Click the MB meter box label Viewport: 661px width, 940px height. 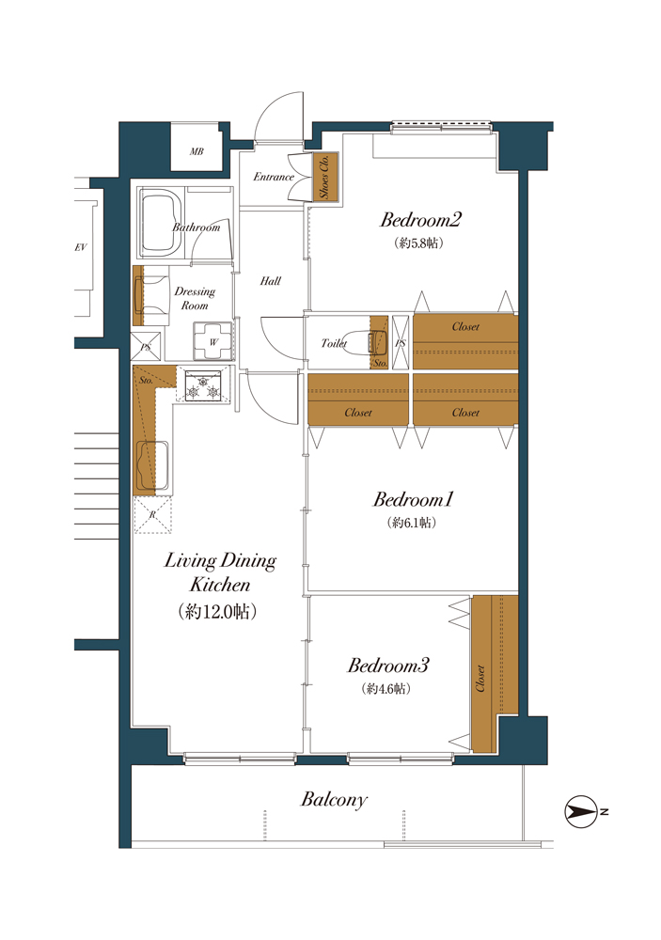click(x=197, y=151)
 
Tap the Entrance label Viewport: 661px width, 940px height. click(x=274, y=177)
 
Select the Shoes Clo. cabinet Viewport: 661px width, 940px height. click(x=325, y=177)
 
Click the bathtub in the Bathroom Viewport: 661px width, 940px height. click(x=160, y=223)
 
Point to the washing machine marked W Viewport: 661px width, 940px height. click(x=212, y=340)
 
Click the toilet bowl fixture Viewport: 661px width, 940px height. click(x=375, y=343)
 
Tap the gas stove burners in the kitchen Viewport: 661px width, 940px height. click(x=203, y=384)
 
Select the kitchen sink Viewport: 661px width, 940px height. click(x=152, y=466)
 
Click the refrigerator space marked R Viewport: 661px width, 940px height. click(x=152, y=514)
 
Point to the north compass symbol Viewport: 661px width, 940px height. click(x=580, y=812)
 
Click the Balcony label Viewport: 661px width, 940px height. click(x=334, y=800)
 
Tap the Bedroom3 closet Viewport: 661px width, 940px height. click(x=495, y=673)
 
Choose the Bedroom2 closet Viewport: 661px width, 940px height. click(x=465, y=341)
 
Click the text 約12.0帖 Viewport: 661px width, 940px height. click(x=218, y=612)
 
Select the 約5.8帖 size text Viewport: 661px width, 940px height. click(x=418, y=243)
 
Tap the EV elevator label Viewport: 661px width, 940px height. click(x=81, y=247)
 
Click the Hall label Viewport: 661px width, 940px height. click(x=271, y=280)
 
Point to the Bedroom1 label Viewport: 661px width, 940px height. click(x=414, y=499)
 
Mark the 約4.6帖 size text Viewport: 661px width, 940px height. click(x=386, y=689)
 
